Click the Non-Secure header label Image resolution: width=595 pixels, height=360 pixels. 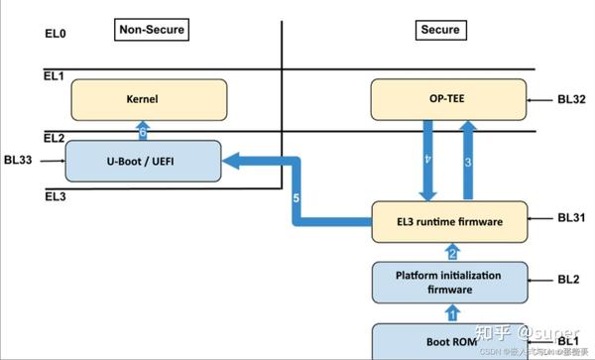point(152,30)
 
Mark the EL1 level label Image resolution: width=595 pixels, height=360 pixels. point(54,76)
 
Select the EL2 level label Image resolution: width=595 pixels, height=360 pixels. point(54,137)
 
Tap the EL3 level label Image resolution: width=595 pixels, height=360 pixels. point(54,197)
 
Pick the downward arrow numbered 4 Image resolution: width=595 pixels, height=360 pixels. point(428,159)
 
